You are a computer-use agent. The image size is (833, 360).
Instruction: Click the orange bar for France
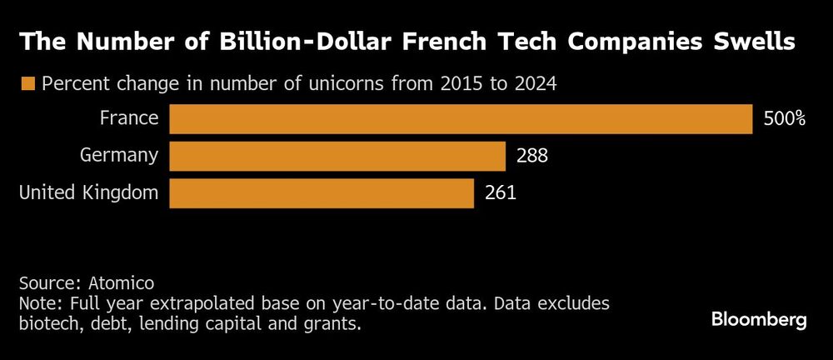pyautogui.click(x=461, y=119)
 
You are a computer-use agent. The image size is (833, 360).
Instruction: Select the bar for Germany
pyautogui.click(x=337, y=156)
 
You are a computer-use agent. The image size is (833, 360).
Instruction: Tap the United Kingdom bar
pyautogui.click(x=322, y=193)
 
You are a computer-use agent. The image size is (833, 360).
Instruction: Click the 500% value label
pyautogui.click(x=784, y=119)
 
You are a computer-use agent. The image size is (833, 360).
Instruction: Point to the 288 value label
pyautogui.click(x=532, y=156)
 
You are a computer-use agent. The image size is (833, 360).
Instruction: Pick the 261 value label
pyautogui.click(x=500, y=193)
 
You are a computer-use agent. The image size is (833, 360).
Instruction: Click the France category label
pyautogui.click(x=129, y=118)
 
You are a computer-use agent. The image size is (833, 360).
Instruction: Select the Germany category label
pyautogui.click(x=119, y=155)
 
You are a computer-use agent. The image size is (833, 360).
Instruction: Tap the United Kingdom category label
pyautogui.click(x=88, y=192)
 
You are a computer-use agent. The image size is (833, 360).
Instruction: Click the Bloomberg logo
pyautogui.click(x=759, y=320)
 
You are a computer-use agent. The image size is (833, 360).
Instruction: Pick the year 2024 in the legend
pyautogui.click(x=536, y=83)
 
